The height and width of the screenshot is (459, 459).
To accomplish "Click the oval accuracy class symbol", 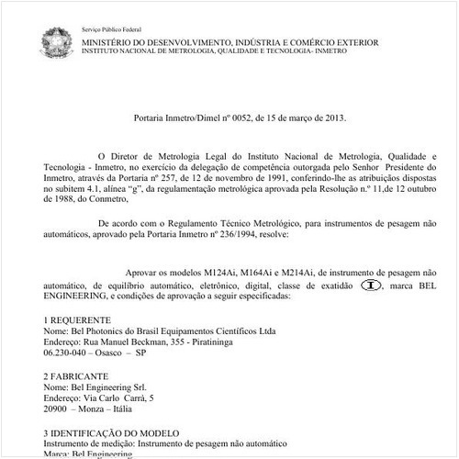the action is pos(370,285).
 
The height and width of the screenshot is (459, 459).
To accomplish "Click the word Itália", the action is pos(119,410).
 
